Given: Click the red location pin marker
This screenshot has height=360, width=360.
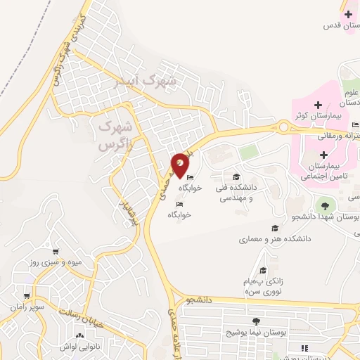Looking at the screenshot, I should coord(181,164).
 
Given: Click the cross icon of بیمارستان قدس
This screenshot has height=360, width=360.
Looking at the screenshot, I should coord(347,14).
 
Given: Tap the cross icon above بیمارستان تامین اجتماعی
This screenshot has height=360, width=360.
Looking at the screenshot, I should coord(323,155).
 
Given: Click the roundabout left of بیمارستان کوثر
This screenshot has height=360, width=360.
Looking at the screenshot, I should coord(284,127).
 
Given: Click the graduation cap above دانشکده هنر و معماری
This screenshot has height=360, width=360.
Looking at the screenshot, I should coord(274,228).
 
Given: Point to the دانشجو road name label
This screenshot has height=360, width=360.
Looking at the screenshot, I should coord(199,300).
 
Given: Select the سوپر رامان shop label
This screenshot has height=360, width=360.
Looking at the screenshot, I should coord(27,307).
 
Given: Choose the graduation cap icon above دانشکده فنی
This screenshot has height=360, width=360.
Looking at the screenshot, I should coord(236,176).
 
